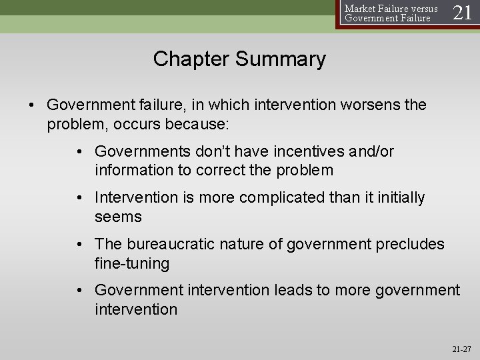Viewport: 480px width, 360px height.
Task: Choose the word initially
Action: click(399, 198)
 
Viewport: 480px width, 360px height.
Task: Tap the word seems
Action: click(119, 217)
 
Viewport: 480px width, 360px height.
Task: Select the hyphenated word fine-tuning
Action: click(132, 263)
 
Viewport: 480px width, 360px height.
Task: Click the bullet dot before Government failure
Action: click(32, 105)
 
